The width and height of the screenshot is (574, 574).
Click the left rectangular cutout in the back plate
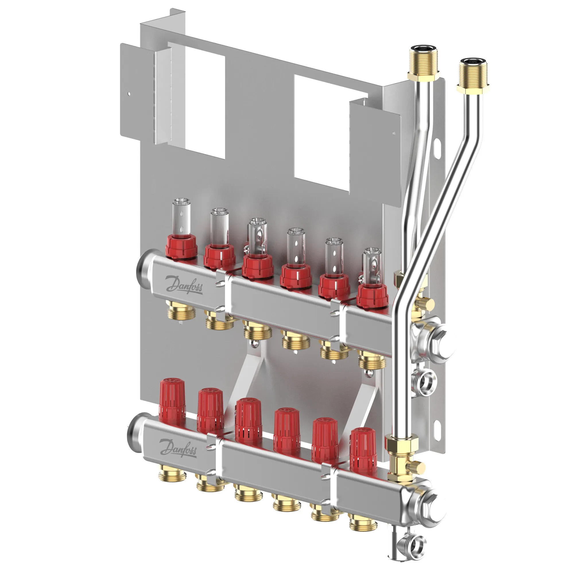(196, 100)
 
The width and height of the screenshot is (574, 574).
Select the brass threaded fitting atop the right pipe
(472, 76)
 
